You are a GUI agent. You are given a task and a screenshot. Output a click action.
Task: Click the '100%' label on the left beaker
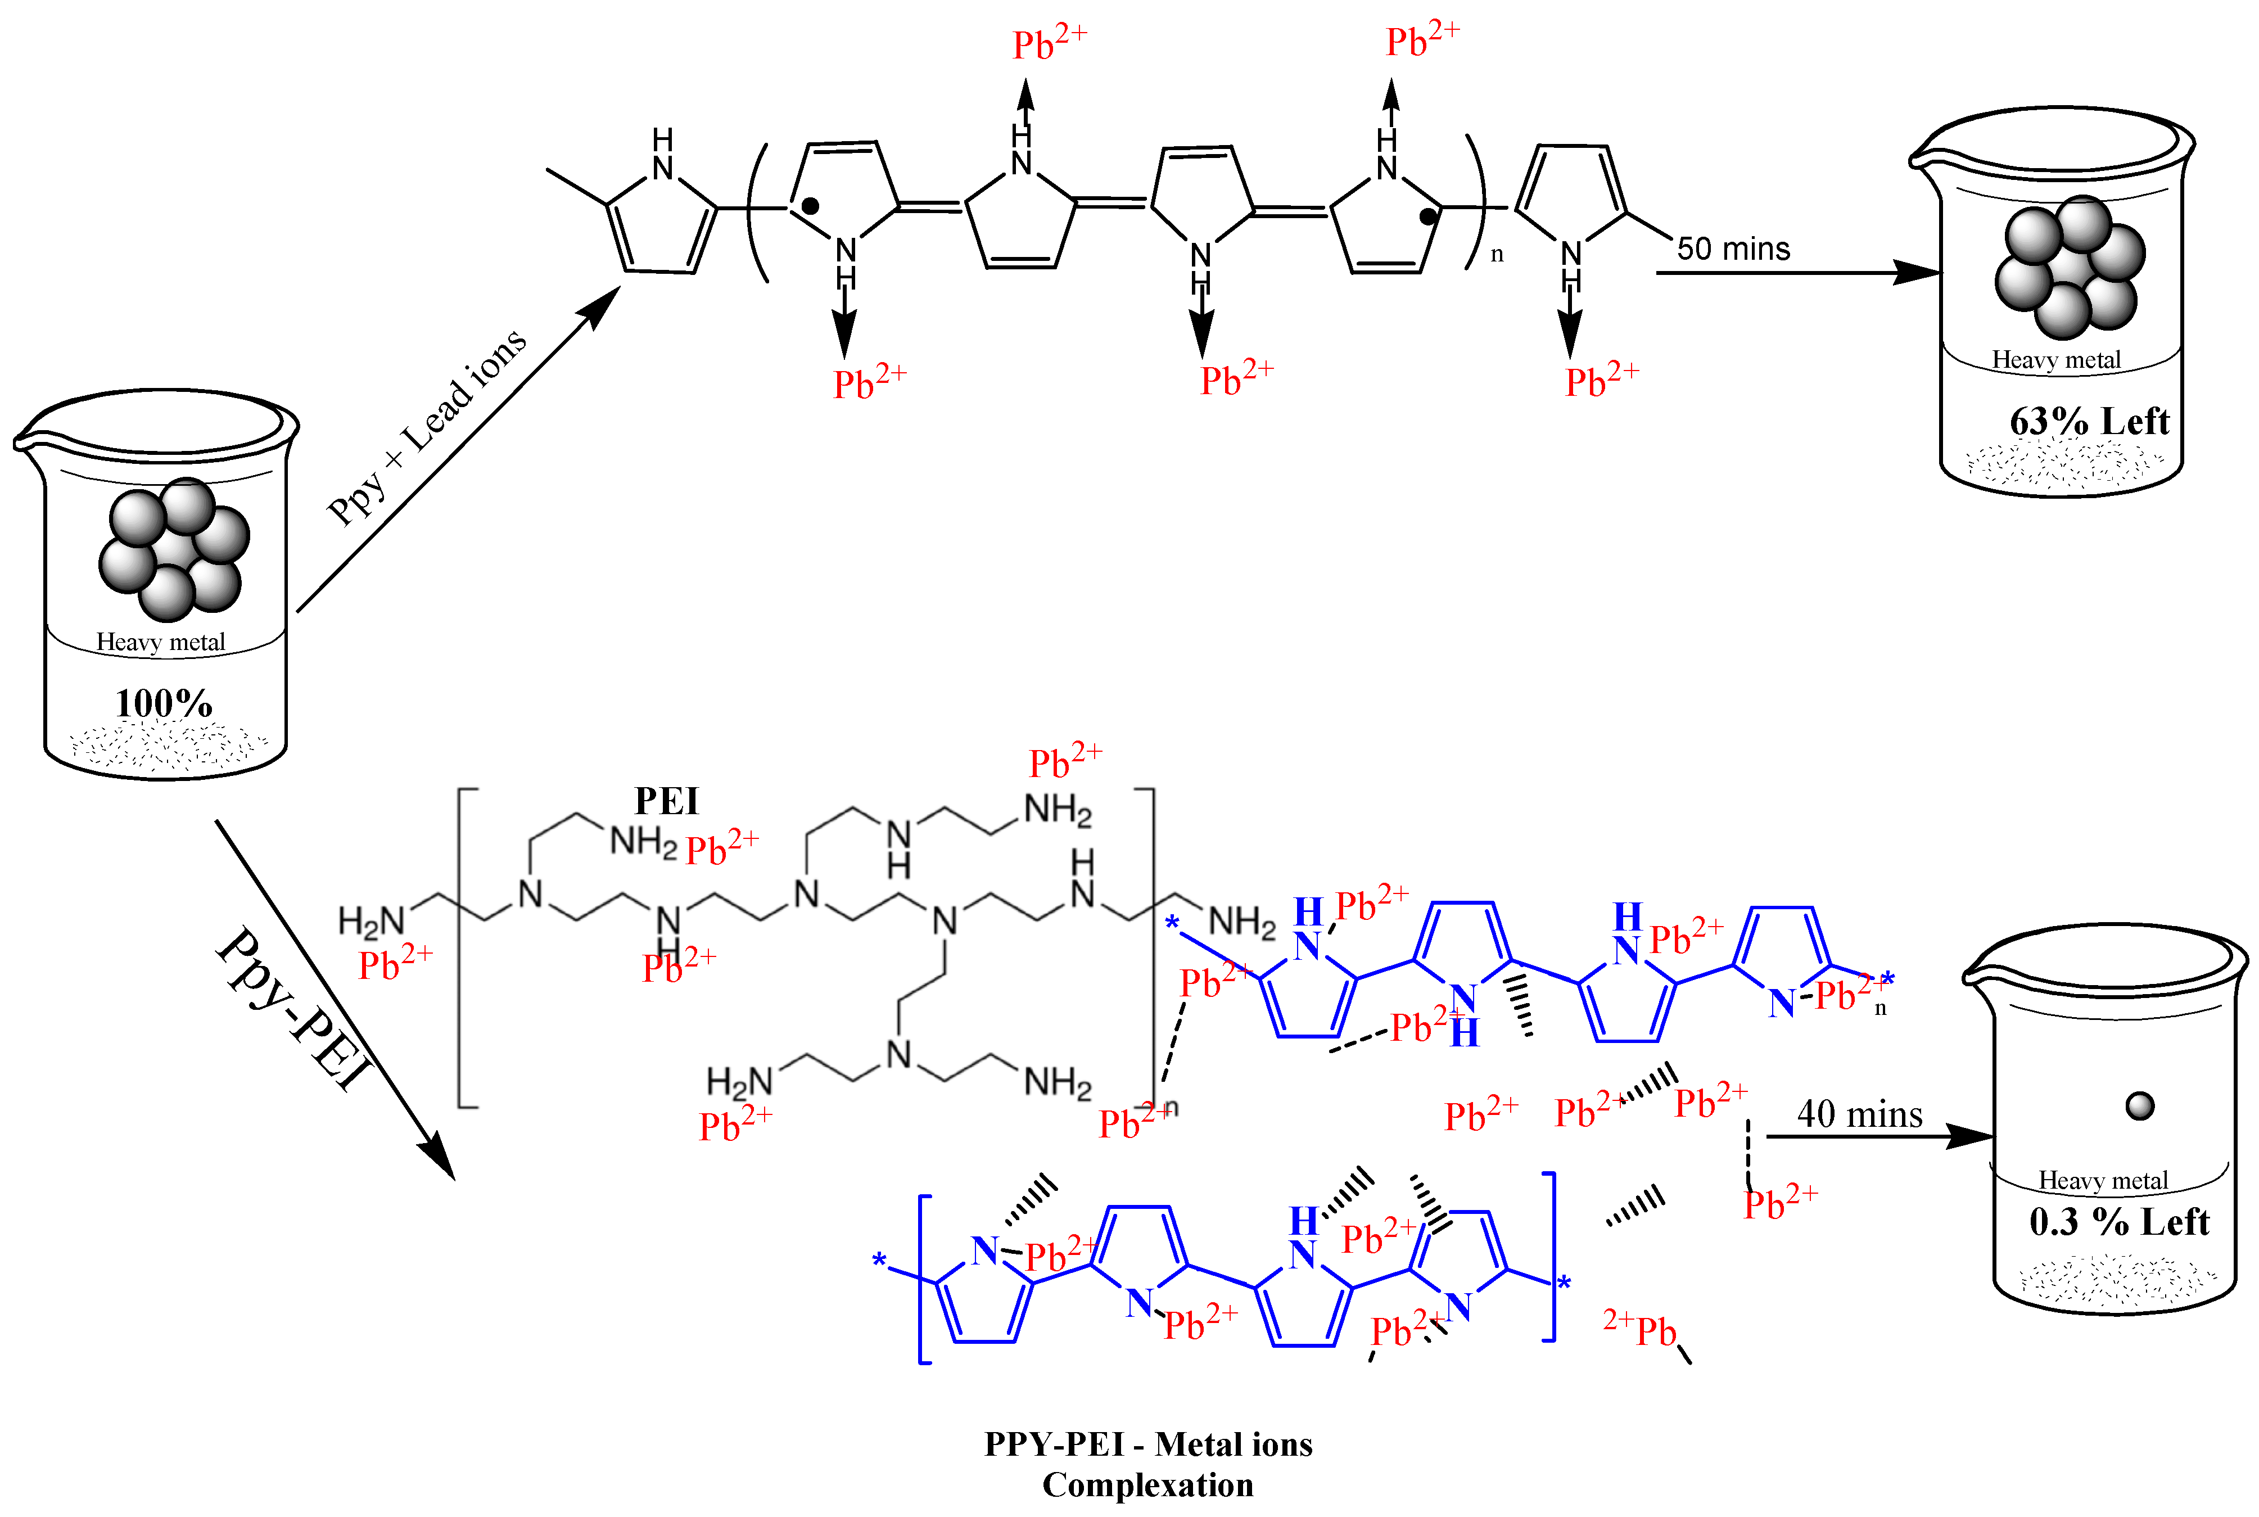(164, 703)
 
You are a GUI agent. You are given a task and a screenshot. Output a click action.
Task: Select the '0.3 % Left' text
(2118, 1222)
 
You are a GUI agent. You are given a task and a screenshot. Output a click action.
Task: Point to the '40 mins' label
(1859, 1114)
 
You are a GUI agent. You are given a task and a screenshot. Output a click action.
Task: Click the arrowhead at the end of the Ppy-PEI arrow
(439, 1156)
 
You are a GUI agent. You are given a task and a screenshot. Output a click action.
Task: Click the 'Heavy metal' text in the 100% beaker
(161, 643)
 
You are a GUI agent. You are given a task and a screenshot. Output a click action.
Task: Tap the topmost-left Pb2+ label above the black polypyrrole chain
(1050, 42)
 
